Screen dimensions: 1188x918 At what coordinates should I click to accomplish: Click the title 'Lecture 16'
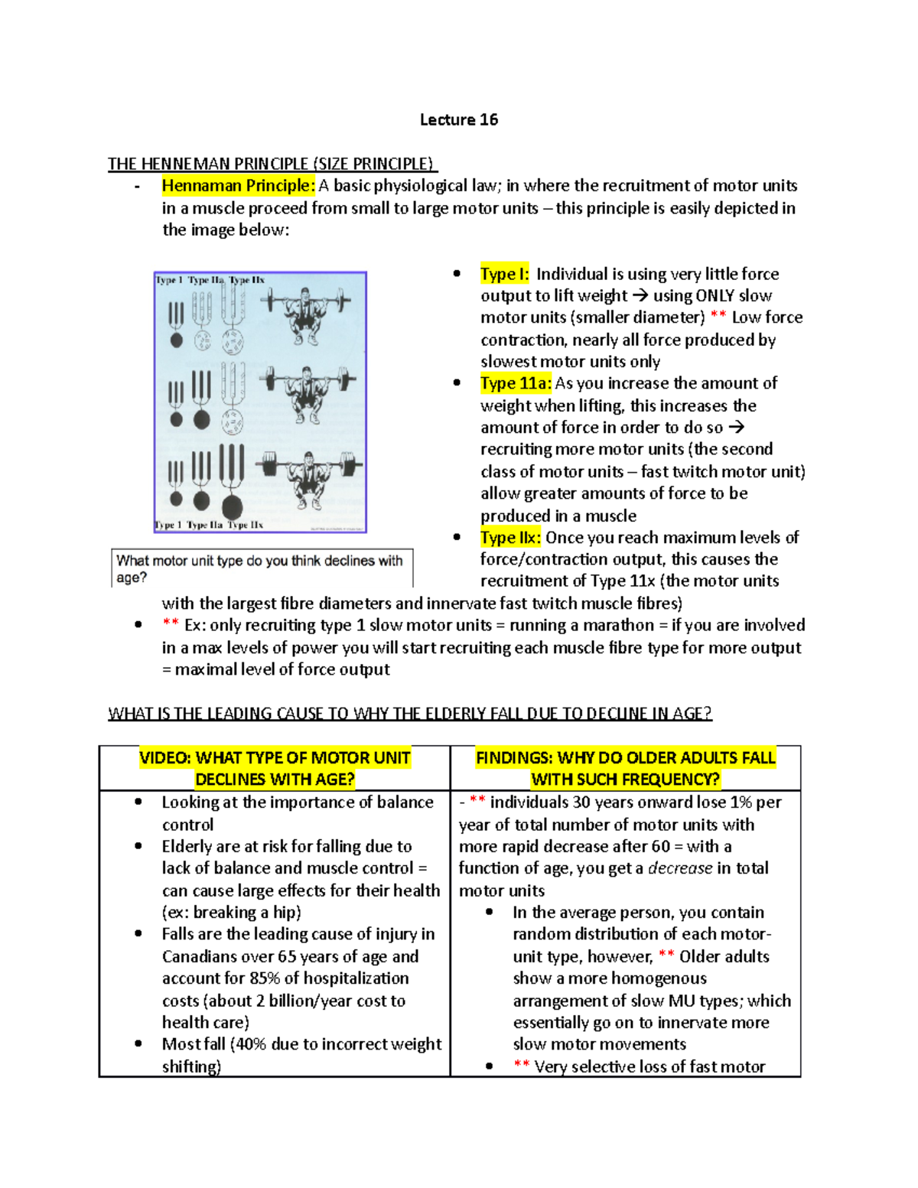point(459,119)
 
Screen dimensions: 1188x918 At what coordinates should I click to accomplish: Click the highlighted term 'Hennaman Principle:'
point(238,186)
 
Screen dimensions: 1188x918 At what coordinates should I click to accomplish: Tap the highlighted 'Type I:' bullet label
point(504,274)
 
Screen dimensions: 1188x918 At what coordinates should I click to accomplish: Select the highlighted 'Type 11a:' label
point(516,383)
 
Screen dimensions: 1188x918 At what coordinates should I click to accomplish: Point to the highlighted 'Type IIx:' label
point(510,538)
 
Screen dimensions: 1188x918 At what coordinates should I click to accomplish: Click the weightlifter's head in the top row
point(305,295)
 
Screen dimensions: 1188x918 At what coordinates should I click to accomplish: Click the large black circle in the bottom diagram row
point(232,506)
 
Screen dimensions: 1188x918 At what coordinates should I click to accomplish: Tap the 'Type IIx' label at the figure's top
point(246,280)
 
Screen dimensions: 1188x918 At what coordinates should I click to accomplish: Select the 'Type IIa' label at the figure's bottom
point(204,525)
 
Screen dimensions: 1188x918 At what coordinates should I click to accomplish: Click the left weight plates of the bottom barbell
point(269,464)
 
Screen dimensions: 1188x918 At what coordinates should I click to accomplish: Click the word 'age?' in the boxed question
point(131,578)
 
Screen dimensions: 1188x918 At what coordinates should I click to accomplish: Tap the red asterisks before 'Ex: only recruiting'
point(171,625)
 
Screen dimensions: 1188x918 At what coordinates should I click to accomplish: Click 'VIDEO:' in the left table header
point(165,758)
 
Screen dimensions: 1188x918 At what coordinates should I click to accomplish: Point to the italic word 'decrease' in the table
point(680,868)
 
